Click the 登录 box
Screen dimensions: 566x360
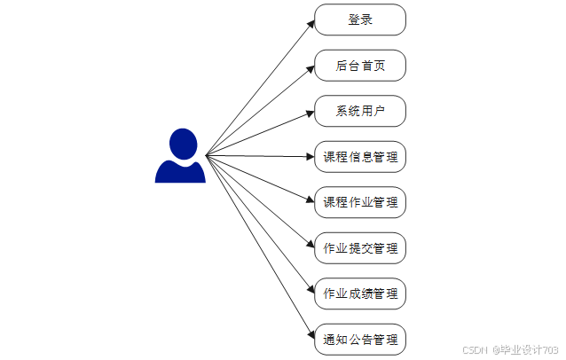pyautogui.click(x=360, y=20)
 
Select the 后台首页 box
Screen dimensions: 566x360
pyautogui.click(x=360, y=66)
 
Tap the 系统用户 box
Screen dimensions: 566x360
pyautogui.click(x=360, y=111)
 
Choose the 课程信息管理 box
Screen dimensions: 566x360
pyautogui.click(x=360, y=157)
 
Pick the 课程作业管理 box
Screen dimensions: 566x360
pyautogui.click(x=360, y=202)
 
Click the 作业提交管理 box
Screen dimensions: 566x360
pyautogui.click(x=360, y=248)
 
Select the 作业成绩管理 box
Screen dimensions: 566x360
pyautogui.click(x=360, y=293)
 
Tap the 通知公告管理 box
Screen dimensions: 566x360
pyautogui.click(x=360, y=340)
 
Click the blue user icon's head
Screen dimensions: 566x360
pyautogui.click(x=181, y=143)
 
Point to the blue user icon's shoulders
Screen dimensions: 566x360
pyautogui.click(x=180, y=172)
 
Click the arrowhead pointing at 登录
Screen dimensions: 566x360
pyautogui.click(x=311, y=23)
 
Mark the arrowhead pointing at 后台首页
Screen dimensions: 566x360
pyautogui.click(x=311, y=67)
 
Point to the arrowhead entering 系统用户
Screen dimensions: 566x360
pyautogui.click(x=311, y=113)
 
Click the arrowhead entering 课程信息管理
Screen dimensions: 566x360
pyautogui.click(x=311, y=157)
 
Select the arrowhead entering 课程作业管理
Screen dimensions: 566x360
pyautogui.click(x=311, y=201)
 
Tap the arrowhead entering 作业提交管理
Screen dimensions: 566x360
pyautogui.click(x=311, y=246)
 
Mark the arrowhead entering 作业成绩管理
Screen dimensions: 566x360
pyautogui.click(x=311, y=291)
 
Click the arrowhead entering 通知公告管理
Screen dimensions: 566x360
pyautogui.click(x=311, y=336)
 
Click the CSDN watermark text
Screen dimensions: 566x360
pyautogui.click(x=476, y=349)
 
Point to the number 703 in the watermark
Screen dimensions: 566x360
pyautogui.click(x=549, y=349)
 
